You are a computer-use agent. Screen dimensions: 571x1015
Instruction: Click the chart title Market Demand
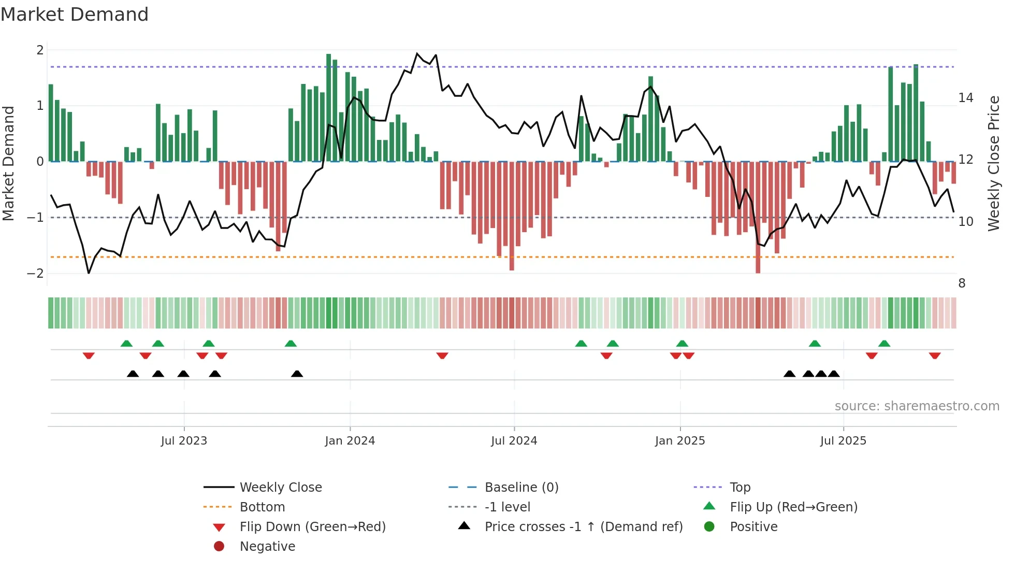(75, 15)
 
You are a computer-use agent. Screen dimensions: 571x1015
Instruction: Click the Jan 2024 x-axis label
(350, 441)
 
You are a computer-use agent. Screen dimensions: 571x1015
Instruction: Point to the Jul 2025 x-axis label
(843, 441)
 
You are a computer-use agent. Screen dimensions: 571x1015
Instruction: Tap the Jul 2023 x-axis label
(184, 441)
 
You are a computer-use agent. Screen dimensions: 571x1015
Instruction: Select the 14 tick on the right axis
(966, 98)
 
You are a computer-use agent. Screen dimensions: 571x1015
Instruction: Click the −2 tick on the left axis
(36, 274)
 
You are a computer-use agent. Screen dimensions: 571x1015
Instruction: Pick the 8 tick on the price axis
(962, 283)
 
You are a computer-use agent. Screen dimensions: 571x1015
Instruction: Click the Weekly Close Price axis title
(993, 163)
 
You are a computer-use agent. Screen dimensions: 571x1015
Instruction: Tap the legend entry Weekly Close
(280, 488)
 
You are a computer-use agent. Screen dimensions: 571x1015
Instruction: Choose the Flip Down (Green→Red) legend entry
(312, 527)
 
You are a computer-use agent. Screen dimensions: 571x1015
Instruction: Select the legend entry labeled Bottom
(262, 507)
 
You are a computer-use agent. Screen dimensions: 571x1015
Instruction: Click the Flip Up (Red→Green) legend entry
(793, 507)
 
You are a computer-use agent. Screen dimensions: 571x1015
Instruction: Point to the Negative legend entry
(267, 547)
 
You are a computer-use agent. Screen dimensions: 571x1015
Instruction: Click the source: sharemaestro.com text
(917, 406)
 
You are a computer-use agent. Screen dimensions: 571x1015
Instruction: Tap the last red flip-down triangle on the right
(934, 356)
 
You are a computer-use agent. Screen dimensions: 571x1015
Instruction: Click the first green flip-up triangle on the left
(126, 344)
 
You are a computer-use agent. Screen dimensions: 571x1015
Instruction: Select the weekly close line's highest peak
(417, 53)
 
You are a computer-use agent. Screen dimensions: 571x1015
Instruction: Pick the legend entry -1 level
(507, 507)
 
